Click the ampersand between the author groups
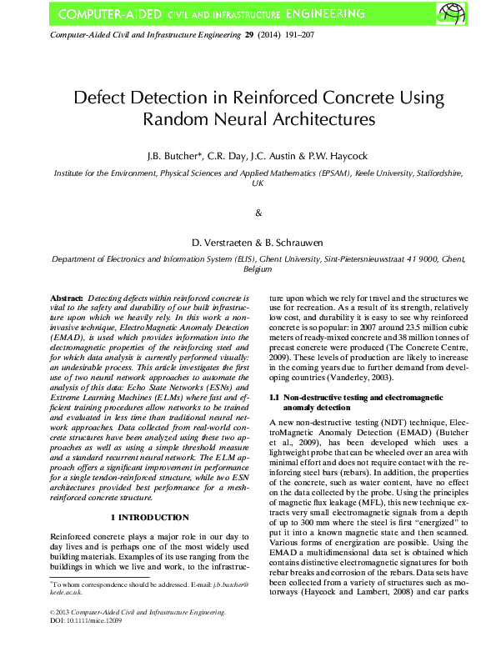258,213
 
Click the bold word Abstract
67,297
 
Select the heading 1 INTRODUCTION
149,518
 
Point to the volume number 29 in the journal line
248,37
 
